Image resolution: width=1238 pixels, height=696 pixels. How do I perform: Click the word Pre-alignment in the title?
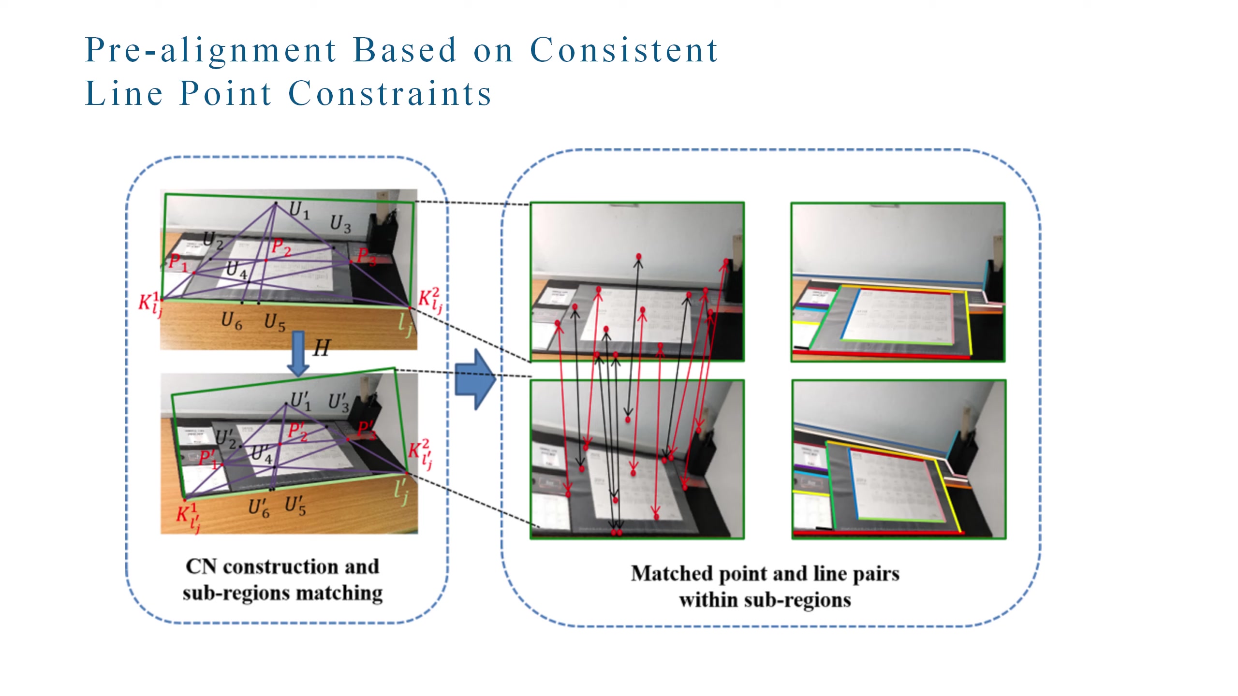[x=211, y=51]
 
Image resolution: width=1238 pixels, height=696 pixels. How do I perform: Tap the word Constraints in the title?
[x=390, y=94]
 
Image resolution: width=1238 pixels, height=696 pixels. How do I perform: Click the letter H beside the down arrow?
[x=322, y=348]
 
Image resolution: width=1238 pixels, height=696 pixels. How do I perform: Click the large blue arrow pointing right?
[x=476, y=379]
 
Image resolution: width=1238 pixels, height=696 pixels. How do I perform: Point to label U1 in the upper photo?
[x=299, y=210]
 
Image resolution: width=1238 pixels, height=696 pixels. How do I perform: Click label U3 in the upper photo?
[x=340, y=224]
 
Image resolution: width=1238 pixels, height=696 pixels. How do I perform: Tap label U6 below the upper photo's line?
[x=231, y=321]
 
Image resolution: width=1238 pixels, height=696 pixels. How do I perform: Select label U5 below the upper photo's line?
[x=275, y=322]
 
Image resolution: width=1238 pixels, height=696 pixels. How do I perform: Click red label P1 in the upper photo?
[x=177, y=263]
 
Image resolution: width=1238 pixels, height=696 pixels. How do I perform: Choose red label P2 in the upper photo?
[x=281, y=247]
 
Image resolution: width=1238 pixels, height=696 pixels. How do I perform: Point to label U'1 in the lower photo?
[x=301, y=401]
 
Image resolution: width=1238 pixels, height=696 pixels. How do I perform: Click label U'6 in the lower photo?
[x=259, y=508]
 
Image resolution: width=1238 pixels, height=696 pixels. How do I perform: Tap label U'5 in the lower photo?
[x=295, y=506]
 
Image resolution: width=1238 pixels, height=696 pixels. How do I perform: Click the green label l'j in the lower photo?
[x=401, y=492]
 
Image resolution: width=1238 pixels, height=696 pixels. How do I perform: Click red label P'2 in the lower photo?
[x=298, y=431]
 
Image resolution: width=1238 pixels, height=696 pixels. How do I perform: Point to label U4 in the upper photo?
[x=236, y=269]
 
